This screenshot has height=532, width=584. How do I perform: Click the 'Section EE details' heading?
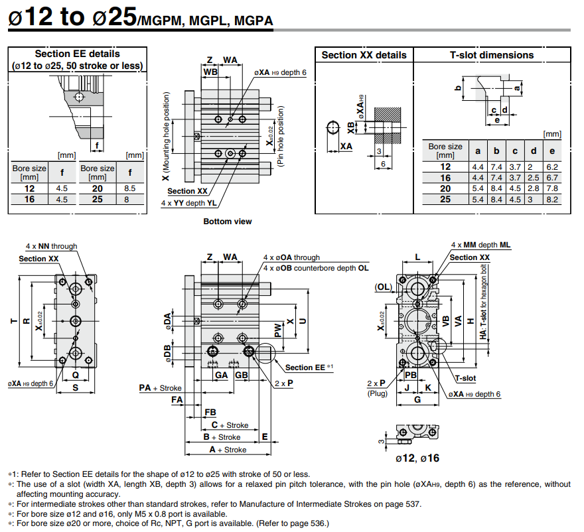click(x=77, y=54)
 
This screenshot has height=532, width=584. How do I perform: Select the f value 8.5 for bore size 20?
click(x=130, y=188)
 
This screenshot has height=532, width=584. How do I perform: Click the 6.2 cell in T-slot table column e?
click(x=551, y=167)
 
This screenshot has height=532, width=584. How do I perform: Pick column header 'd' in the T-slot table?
click(x=534, y=150)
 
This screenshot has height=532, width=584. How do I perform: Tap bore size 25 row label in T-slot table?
click(x=445, y=199)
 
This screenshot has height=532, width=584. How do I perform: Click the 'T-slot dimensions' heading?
click(x=491, y=55)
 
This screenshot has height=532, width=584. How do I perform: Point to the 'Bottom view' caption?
click(x=228, y=222)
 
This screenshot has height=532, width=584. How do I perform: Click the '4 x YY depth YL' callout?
click(x=188, y=203)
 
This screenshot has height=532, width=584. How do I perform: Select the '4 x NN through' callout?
click(x=51, y=246)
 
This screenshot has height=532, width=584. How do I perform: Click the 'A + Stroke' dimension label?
click(x=228, y=450)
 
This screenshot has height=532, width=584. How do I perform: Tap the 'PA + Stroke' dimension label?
click(x=160, y=387)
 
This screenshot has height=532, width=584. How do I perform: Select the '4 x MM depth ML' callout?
click(x=480, y=245)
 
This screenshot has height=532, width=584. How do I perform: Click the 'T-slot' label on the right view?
click(x=465, y=378)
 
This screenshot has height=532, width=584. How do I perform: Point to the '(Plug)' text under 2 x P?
click(x=378, y=394)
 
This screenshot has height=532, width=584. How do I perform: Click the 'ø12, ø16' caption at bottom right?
click(x=417, y=458)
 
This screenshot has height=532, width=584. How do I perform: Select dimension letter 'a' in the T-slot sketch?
click(x=516, y=87)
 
